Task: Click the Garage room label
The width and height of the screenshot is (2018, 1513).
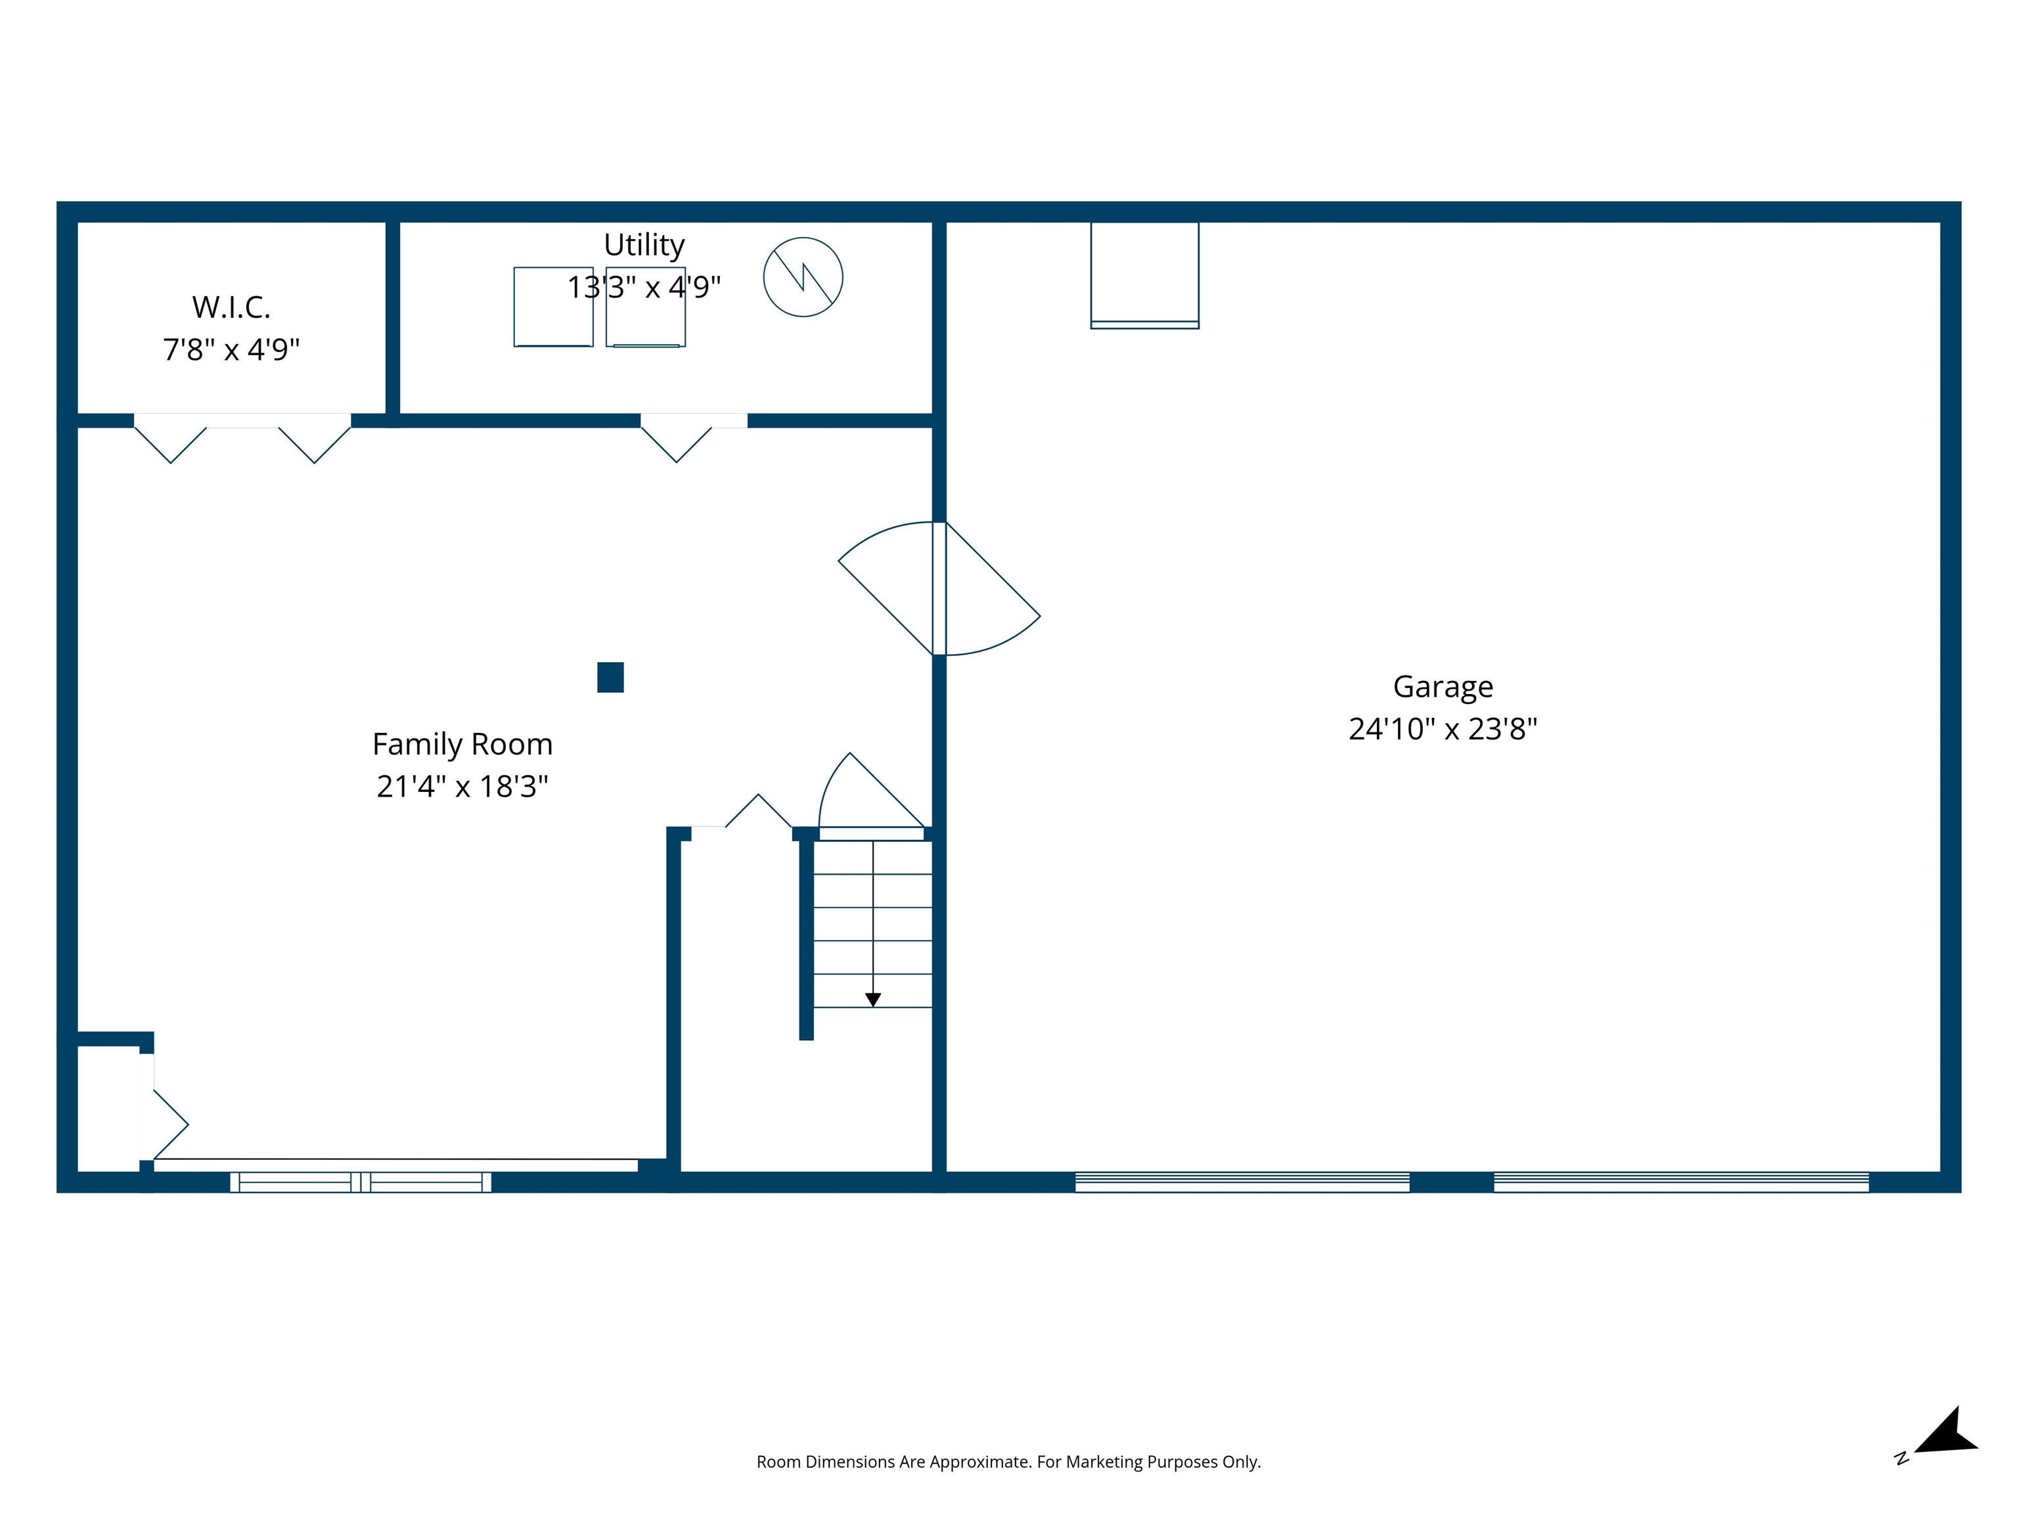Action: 1443,686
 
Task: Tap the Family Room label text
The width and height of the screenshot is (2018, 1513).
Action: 462,744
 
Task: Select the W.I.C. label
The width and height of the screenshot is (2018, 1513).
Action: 231,307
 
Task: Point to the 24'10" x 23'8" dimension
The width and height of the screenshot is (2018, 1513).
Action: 1443,729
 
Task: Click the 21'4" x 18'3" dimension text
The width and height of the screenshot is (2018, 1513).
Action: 462,786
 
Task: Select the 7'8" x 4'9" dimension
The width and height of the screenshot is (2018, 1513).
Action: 231,349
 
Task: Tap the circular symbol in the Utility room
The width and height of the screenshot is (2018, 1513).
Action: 803,277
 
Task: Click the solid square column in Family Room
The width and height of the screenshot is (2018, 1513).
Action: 610,678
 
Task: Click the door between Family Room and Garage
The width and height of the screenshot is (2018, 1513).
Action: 939,588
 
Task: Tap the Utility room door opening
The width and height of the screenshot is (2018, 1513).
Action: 693,422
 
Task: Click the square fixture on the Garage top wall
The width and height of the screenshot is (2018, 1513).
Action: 1144,274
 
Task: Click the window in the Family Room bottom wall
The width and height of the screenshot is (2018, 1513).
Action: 361,1182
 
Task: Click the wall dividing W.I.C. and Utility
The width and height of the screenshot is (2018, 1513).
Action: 392,319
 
